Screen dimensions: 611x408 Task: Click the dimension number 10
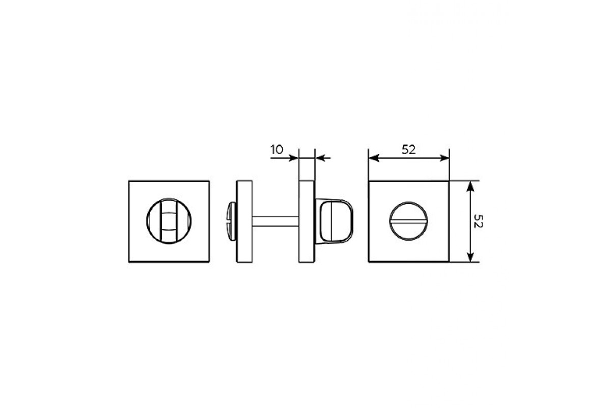coord(277,150)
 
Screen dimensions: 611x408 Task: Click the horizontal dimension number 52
coord(408,150)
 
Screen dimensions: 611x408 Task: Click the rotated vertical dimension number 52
coord(478,221)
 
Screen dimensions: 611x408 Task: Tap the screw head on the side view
coord(231,221)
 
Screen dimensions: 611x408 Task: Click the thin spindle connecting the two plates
coord(275,221)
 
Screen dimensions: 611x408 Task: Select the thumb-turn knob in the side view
coord(334,221)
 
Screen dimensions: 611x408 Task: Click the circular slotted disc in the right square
coord(408,221)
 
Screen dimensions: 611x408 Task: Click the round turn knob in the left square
coord(169,221)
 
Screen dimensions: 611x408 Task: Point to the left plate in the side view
coord(244,221)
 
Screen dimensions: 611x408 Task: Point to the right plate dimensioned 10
coord(307,221)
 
